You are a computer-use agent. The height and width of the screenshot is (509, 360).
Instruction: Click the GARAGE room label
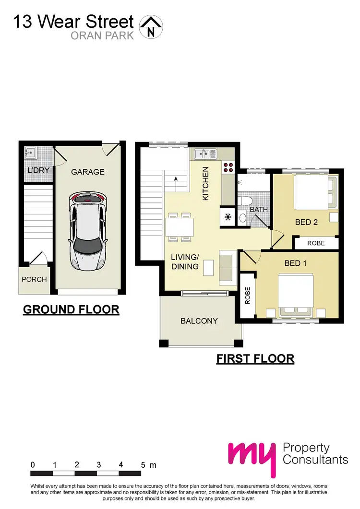point(87,172)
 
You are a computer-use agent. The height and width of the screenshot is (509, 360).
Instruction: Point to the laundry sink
point(30,153)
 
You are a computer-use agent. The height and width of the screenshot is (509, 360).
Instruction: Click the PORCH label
point(35,279)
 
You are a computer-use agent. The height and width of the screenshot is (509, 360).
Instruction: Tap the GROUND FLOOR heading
point(71,310)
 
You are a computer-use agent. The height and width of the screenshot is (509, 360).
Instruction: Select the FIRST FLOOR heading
point(255,358)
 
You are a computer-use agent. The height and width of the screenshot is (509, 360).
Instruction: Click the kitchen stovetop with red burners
point(228,168)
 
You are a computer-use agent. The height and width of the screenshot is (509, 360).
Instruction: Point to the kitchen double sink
point(205,154)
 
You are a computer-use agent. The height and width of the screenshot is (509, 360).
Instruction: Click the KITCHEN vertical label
point(205,183)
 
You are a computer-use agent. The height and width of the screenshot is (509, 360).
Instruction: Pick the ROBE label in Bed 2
point(316,243)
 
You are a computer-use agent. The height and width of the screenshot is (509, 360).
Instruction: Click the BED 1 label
point(295,263)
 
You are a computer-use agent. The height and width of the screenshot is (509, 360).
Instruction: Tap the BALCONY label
point(199,321)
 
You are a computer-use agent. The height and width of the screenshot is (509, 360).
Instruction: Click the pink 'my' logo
point(252,456)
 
